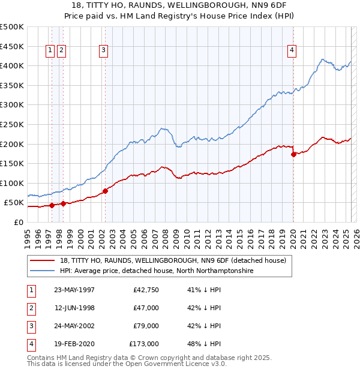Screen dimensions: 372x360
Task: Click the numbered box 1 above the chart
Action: pos(50,50)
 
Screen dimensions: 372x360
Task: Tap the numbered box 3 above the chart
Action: pos(104,50)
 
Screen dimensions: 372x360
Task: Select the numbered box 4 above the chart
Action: pos(292,50)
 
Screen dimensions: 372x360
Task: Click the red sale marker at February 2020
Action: pos(293,154)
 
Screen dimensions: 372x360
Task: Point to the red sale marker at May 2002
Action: pos(105,191)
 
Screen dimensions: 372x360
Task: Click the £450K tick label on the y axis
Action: pos(12,46)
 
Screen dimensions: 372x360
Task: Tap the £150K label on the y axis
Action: pos(12,163)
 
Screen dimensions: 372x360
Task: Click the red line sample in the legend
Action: pos(42,260)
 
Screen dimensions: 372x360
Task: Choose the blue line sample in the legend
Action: pos(42,271)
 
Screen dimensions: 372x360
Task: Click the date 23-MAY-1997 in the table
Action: pos(74,290)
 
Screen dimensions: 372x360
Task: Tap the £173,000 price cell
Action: pos(143,344)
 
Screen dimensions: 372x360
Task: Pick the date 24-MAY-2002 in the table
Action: pos(74,326)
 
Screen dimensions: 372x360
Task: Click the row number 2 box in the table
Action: pos(31,308)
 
